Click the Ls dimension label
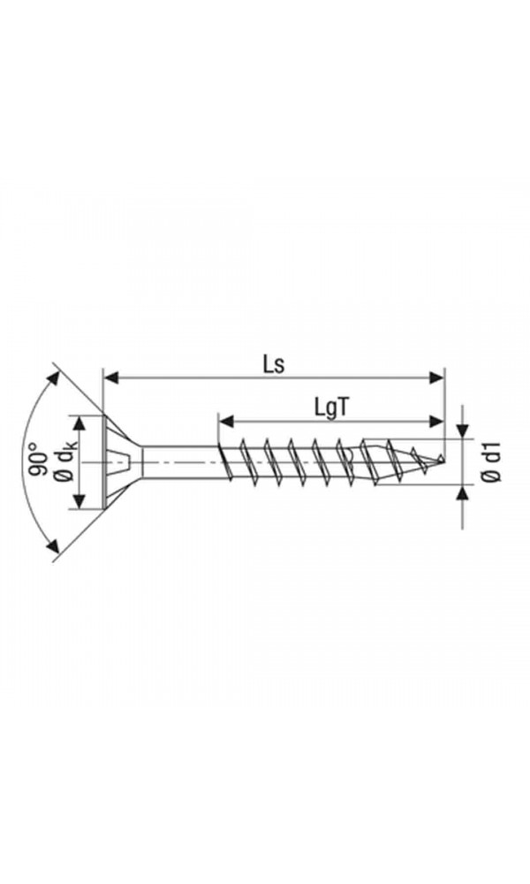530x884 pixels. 274,364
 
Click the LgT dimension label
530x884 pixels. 331,408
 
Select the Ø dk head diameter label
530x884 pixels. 66,462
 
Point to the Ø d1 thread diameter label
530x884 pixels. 492,461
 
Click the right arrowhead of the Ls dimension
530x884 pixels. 436,377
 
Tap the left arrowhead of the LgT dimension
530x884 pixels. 226,421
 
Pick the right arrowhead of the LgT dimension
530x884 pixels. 436,421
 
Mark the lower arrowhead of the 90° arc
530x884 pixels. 53,545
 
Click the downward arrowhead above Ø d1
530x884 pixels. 463,431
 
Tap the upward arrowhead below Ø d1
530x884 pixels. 463,492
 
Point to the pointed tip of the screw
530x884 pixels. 443,461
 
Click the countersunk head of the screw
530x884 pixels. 122,462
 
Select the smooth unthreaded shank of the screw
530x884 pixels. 179,462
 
